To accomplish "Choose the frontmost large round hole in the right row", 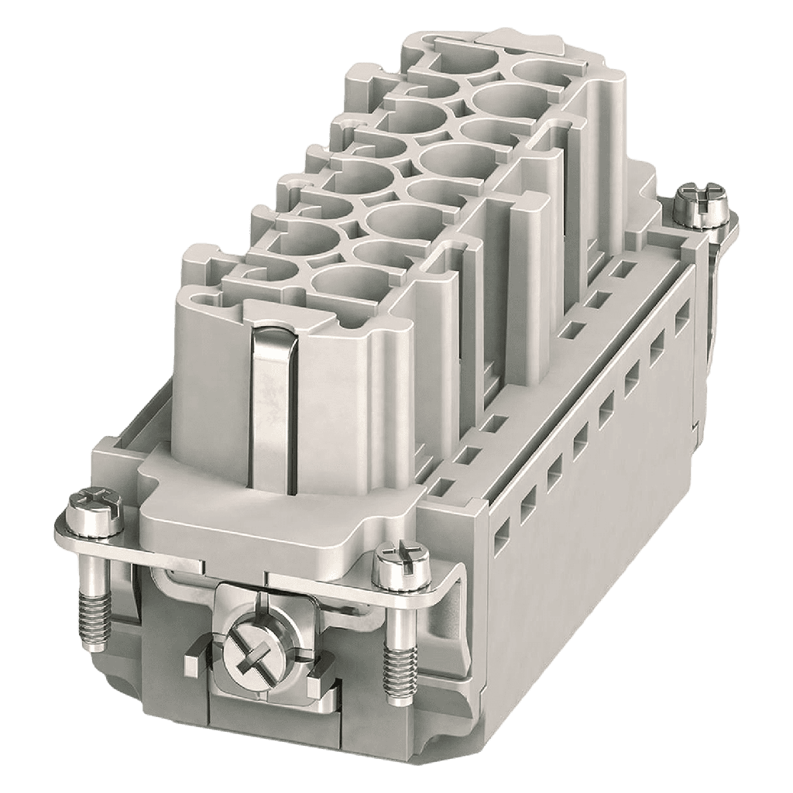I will (x=341, y=279).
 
